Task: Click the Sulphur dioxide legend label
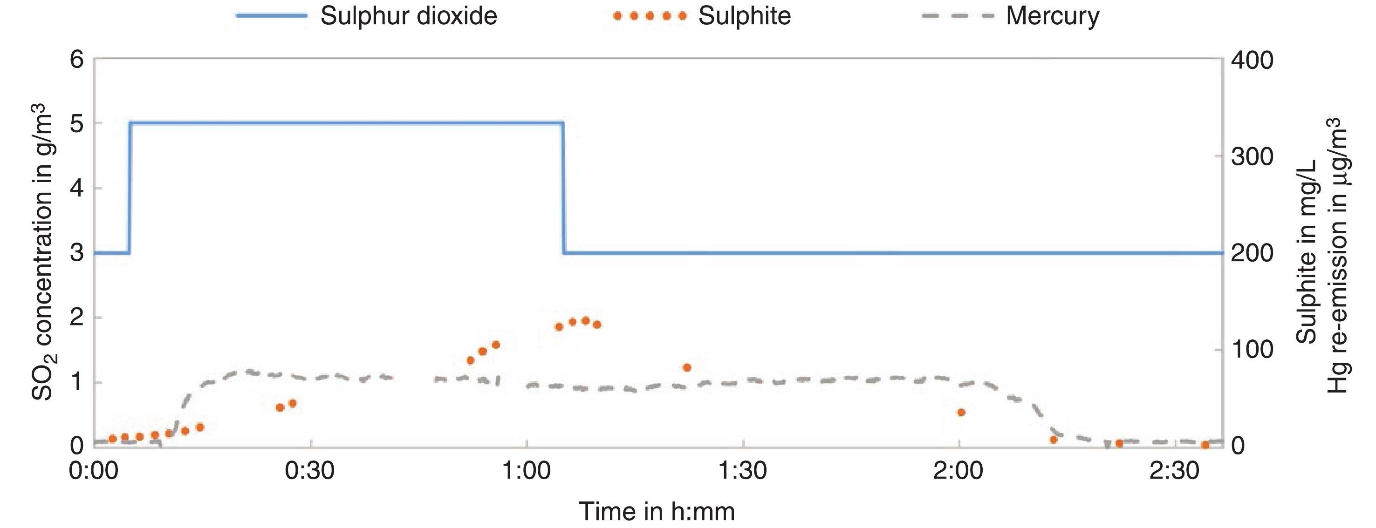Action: pos(409,16)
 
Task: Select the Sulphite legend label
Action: pos(744,16)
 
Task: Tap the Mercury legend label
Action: pos(1052,16)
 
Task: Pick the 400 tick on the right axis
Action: pos(1252,61)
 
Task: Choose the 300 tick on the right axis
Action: pos(1252,157)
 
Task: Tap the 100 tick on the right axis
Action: pos(1252,350)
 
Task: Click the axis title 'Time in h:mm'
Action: pos(657,511)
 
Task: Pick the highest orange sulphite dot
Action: pos(585,321)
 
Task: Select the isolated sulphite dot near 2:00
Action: pos(961,412)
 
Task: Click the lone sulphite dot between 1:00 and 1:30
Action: pos(687,367)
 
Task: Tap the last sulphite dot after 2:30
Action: pos(1205,445)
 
